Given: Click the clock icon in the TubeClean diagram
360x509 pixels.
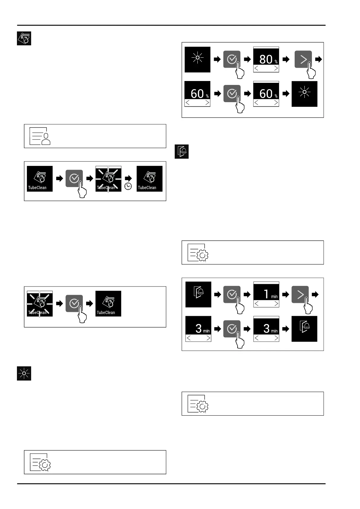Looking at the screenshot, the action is coord(128,186).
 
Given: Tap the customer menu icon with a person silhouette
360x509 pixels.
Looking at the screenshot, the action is coord(40,136).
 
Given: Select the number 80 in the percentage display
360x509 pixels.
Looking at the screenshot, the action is coord(266,59).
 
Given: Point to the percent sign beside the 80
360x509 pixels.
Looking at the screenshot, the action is coord(276,62).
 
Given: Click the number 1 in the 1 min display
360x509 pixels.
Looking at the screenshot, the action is coord(266,294).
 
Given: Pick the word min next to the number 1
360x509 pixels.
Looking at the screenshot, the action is coord(274,297).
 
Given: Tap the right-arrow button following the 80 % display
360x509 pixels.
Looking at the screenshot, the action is coord(303,59).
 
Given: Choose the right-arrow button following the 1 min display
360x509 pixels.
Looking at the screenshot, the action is coord(300,294).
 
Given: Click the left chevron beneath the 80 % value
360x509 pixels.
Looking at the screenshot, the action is coord(257,69).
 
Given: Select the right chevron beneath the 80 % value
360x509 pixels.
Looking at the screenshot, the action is coord(276,69).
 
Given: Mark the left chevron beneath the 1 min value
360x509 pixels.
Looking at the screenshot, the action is coord(257,304).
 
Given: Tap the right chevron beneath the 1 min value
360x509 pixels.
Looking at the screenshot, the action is coord(276,304).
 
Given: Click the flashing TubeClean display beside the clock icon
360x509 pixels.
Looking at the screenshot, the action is coord(108,179).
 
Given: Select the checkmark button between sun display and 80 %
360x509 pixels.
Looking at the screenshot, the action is coord(232,59).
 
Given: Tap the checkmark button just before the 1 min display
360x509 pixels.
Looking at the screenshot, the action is coord(232,294).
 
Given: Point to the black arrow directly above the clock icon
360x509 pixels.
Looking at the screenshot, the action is coord(128,178).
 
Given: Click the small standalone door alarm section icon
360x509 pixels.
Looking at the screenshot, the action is coord(182,151).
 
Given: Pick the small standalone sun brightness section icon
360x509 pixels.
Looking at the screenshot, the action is coord(24,374).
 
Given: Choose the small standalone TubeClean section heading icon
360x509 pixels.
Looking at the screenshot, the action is coord(24,38).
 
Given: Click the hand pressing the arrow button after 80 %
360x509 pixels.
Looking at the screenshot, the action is coord(311,71).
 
